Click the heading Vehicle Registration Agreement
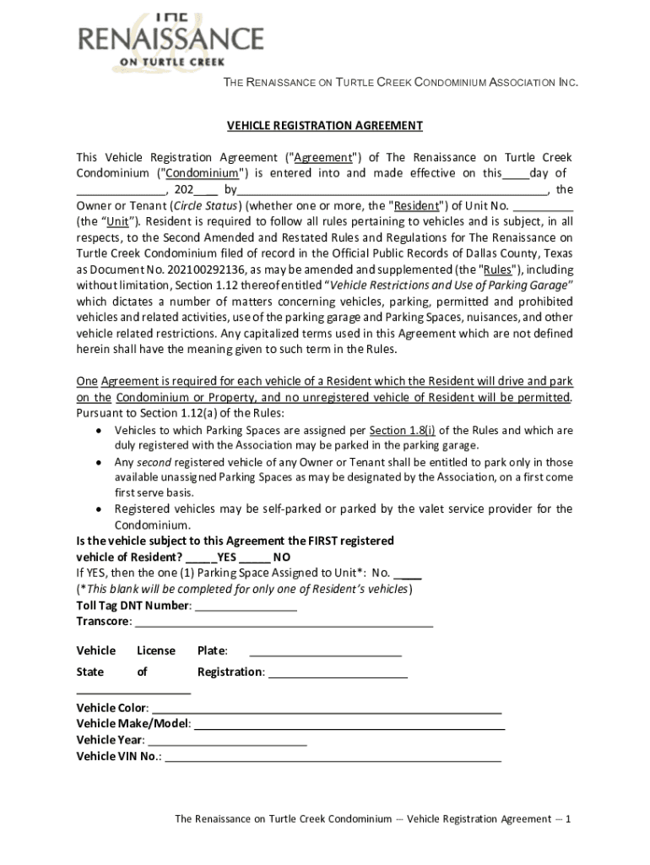coord(324,126)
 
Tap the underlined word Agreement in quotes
coord(322,158)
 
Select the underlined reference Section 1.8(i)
coord(402,431)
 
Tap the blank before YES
coord(200,558)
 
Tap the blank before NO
coord(254,558)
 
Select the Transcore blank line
coord(284,623)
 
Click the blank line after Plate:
coord(325,651)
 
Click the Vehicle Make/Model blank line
coord(349,725)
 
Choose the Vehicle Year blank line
coord(226,741)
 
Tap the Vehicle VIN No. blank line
coord(333,758)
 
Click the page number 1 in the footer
coord(569,819)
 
